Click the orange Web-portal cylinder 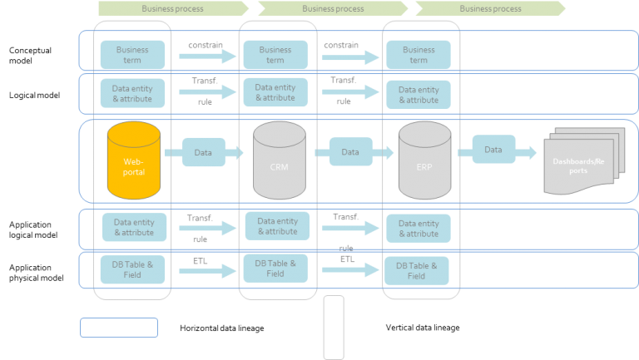tap(132, 161)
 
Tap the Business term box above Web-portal tap(132, 55)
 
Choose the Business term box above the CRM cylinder tap(275, 55)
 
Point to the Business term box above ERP tap(419, 55)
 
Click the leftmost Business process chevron tap(173, 8)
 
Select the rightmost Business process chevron tap(491, 8)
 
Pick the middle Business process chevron tap(333, 8)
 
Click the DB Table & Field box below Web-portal tap(133, 269)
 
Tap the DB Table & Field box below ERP tap(417, 271)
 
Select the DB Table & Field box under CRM tap(275, 269)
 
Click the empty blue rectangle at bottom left tap(119, 328)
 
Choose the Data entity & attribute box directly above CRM tap(275, 92)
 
